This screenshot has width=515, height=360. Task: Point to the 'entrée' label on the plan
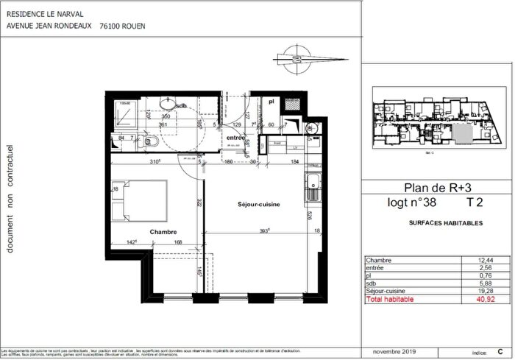(235, 138)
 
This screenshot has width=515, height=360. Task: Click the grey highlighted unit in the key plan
(461, 134)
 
